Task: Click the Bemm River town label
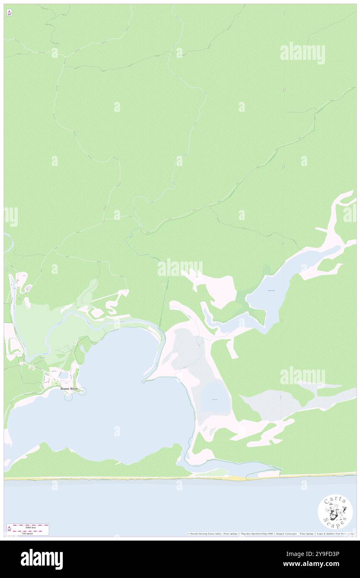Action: click(69, 388)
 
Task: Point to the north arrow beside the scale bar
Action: click(10, 529)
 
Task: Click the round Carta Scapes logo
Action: click(335, 512)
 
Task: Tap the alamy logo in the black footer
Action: click(42, 559)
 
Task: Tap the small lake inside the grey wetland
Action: click(215, 400)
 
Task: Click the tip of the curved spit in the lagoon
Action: click(143, 381)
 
